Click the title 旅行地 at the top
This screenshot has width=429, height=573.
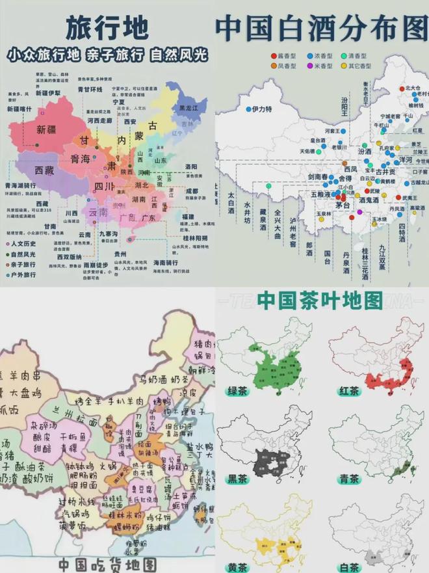(107, 27)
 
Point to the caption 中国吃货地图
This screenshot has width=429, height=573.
(107, 563)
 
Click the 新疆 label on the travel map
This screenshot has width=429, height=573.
(50, 129)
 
